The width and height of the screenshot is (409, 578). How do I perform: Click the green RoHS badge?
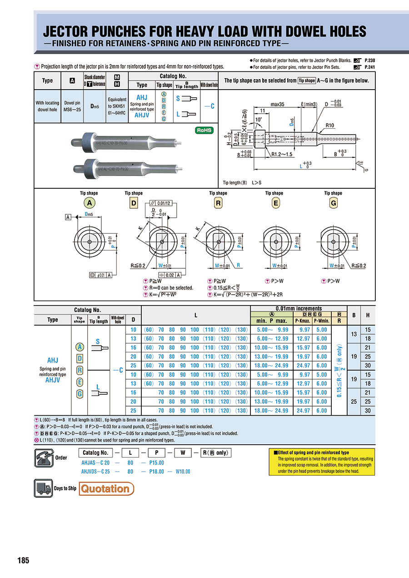pyautogui.click(x=204, y=130)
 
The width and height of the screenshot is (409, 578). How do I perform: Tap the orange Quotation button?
pyautogui.click(x=107, y=489)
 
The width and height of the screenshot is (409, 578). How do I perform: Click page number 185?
pyautogui.click(x=23, y=560)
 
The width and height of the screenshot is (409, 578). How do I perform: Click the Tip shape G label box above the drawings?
pyautogui.click(x=333, y=203)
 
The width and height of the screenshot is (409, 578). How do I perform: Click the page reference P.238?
pyautogui.click(x=370, y=60)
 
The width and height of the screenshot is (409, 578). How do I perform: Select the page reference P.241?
pyautogui.click(x=370, y=67)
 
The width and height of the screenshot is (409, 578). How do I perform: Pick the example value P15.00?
pyautogui.click(x=156, y=463)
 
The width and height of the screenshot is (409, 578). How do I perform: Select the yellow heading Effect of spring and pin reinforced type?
pyautogui.click(x=313, y=453)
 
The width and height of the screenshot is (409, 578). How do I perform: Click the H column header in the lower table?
pyautogui.click(x=367, y=315)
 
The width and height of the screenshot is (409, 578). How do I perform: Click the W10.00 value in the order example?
pyautogui.click(x=183, y=472)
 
